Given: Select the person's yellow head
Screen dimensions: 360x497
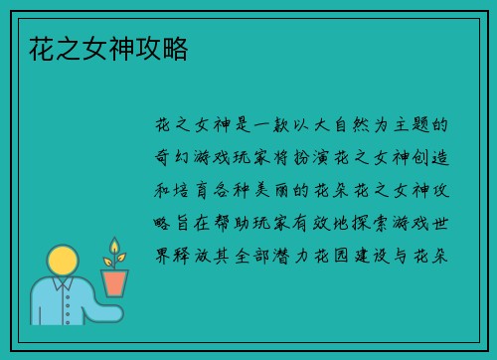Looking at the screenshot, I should pyautogui.click(x=64, y=263).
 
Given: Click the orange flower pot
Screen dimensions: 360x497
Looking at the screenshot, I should pyautogui.click(x=114, y=280).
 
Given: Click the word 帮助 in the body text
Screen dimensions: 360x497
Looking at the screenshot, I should pyautogui.click(x=233, y=222).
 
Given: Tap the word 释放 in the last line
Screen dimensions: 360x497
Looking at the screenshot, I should pyautogui.click(x=192, y=254).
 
